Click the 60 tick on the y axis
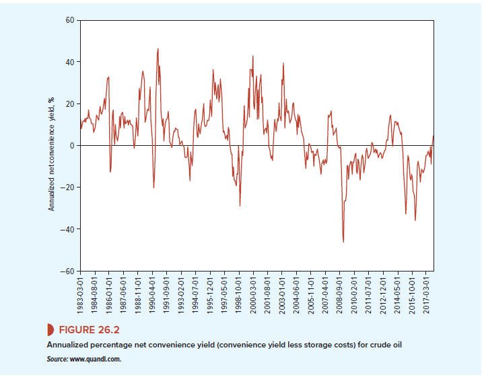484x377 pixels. point(70,20)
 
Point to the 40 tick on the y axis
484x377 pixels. point(70,62)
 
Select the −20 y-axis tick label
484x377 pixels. point(68,187)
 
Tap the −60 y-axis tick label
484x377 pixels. point(68,271)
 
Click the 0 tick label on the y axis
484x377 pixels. point(72,146)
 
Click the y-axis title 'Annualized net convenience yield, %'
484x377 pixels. point(51,154)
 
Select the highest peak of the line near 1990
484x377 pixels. point(158,48)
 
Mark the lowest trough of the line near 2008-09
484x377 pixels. point(343,242)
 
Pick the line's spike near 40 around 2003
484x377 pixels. point(283,63)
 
